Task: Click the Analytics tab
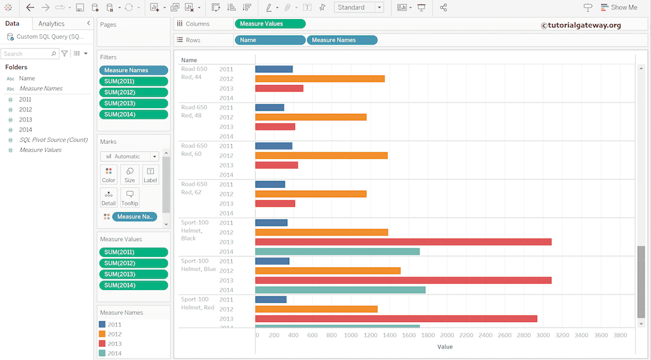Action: point(51,24)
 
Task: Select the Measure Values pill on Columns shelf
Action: point(270,24)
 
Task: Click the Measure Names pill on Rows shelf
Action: point(342,40)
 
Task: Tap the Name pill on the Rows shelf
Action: point(270,40)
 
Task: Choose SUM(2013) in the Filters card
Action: point(134,103)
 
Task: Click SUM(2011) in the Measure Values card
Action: point(134,253)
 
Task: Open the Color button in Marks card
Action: point(109,174)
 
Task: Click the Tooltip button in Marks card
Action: point(130,198)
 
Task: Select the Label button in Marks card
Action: point(150,174)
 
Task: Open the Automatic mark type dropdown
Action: point(129,156)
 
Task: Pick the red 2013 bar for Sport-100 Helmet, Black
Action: point(403,242)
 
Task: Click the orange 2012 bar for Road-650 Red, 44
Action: point(320,79)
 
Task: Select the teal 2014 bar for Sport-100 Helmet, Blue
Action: point(340,290)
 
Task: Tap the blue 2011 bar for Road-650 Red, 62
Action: point(270,184)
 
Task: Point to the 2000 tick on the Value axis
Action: point(447,335)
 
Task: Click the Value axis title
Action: point(445,347)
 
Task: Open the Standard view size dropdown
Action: point(359,8)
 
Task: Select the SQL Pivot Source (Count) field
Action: point(53,140)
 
